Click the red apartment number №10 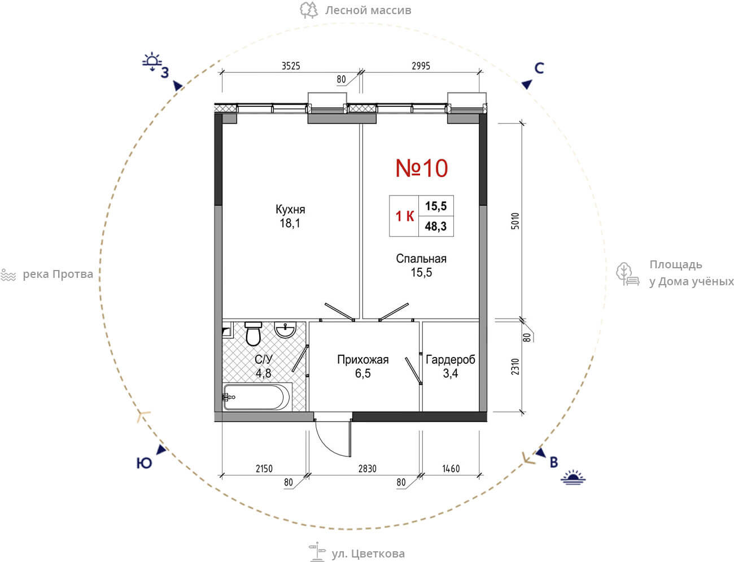coord(421,168)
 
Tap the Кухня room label coord(290,210)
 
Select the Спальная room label coord(421,259)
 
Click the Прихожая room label coord(363,360)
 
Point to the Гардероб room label coord(451,360)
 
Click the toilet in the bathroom coord(253,334)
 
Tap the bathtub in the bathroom coord(257,397)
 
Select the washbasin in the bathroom coord(285,330)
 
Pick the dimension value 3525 coord(291,66)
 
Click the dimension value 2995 coord(421,66)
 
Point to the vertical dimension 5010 coord(515,221)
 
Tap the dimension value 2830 coord(367,469)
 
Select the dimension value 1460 coord(451,469)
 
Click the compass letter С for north coord(539,68)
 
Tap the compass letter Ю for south coord(144,463)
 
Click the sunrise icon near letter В coord(573,477)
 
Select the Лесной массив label coord(368,10)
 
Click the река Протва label coord(58,275)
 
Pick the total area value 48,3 coord(436,226)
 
